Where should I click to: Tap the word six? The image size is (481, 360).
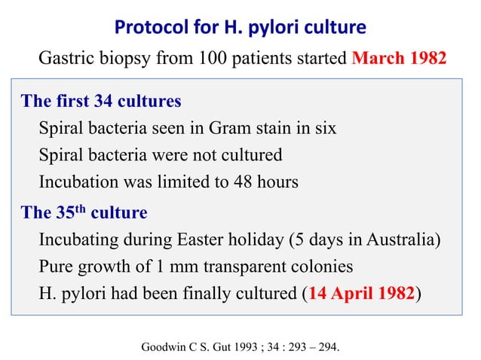point(325,129)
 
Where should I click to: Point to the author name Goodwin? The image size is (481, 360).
point(164,347)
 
